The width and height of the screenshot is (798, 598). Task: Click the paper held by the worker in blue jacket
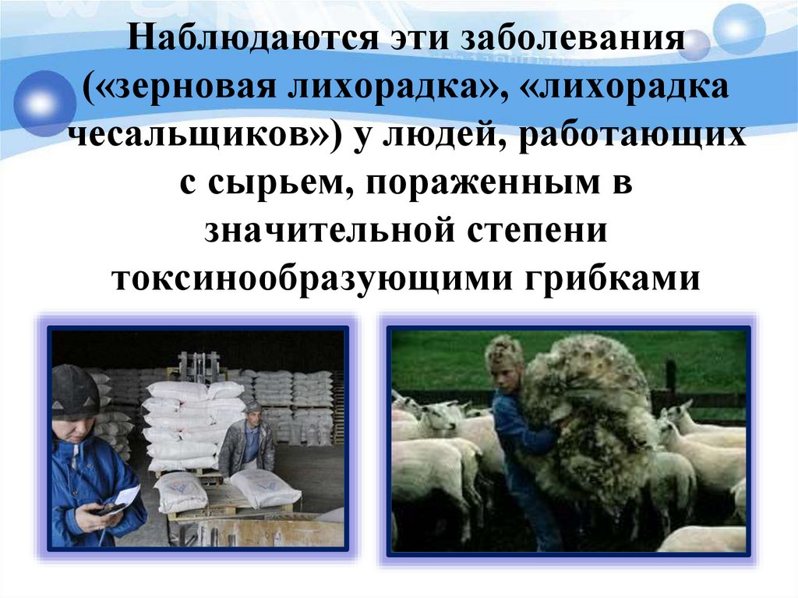point(126,495)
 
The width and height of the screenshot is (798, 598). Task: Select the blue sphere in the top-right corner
point(740,27)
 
